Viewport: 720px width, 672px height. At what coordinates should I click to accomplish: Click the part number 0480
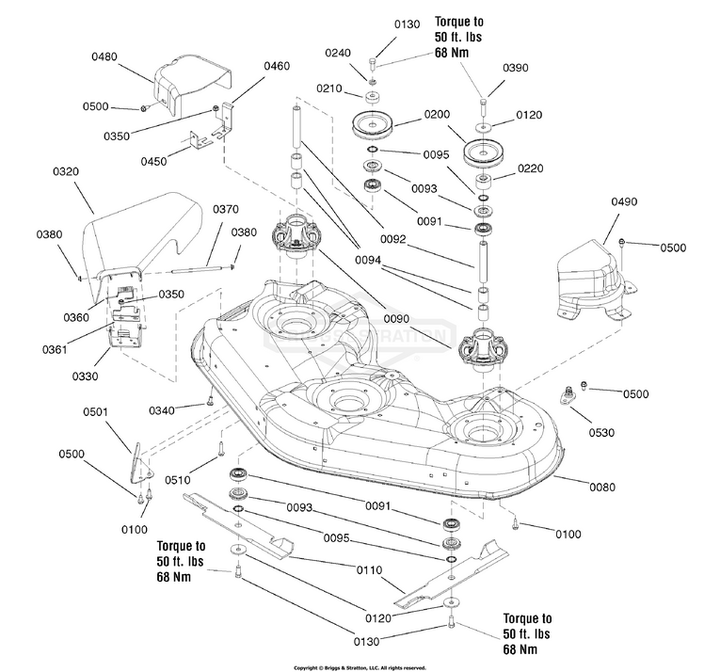coord(104,57)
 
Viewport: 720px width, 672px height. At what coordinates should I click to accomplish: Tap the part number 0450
coord(152,161)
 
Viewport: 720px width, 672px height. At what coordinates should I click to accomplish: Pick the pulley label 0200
coord(436,113)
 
